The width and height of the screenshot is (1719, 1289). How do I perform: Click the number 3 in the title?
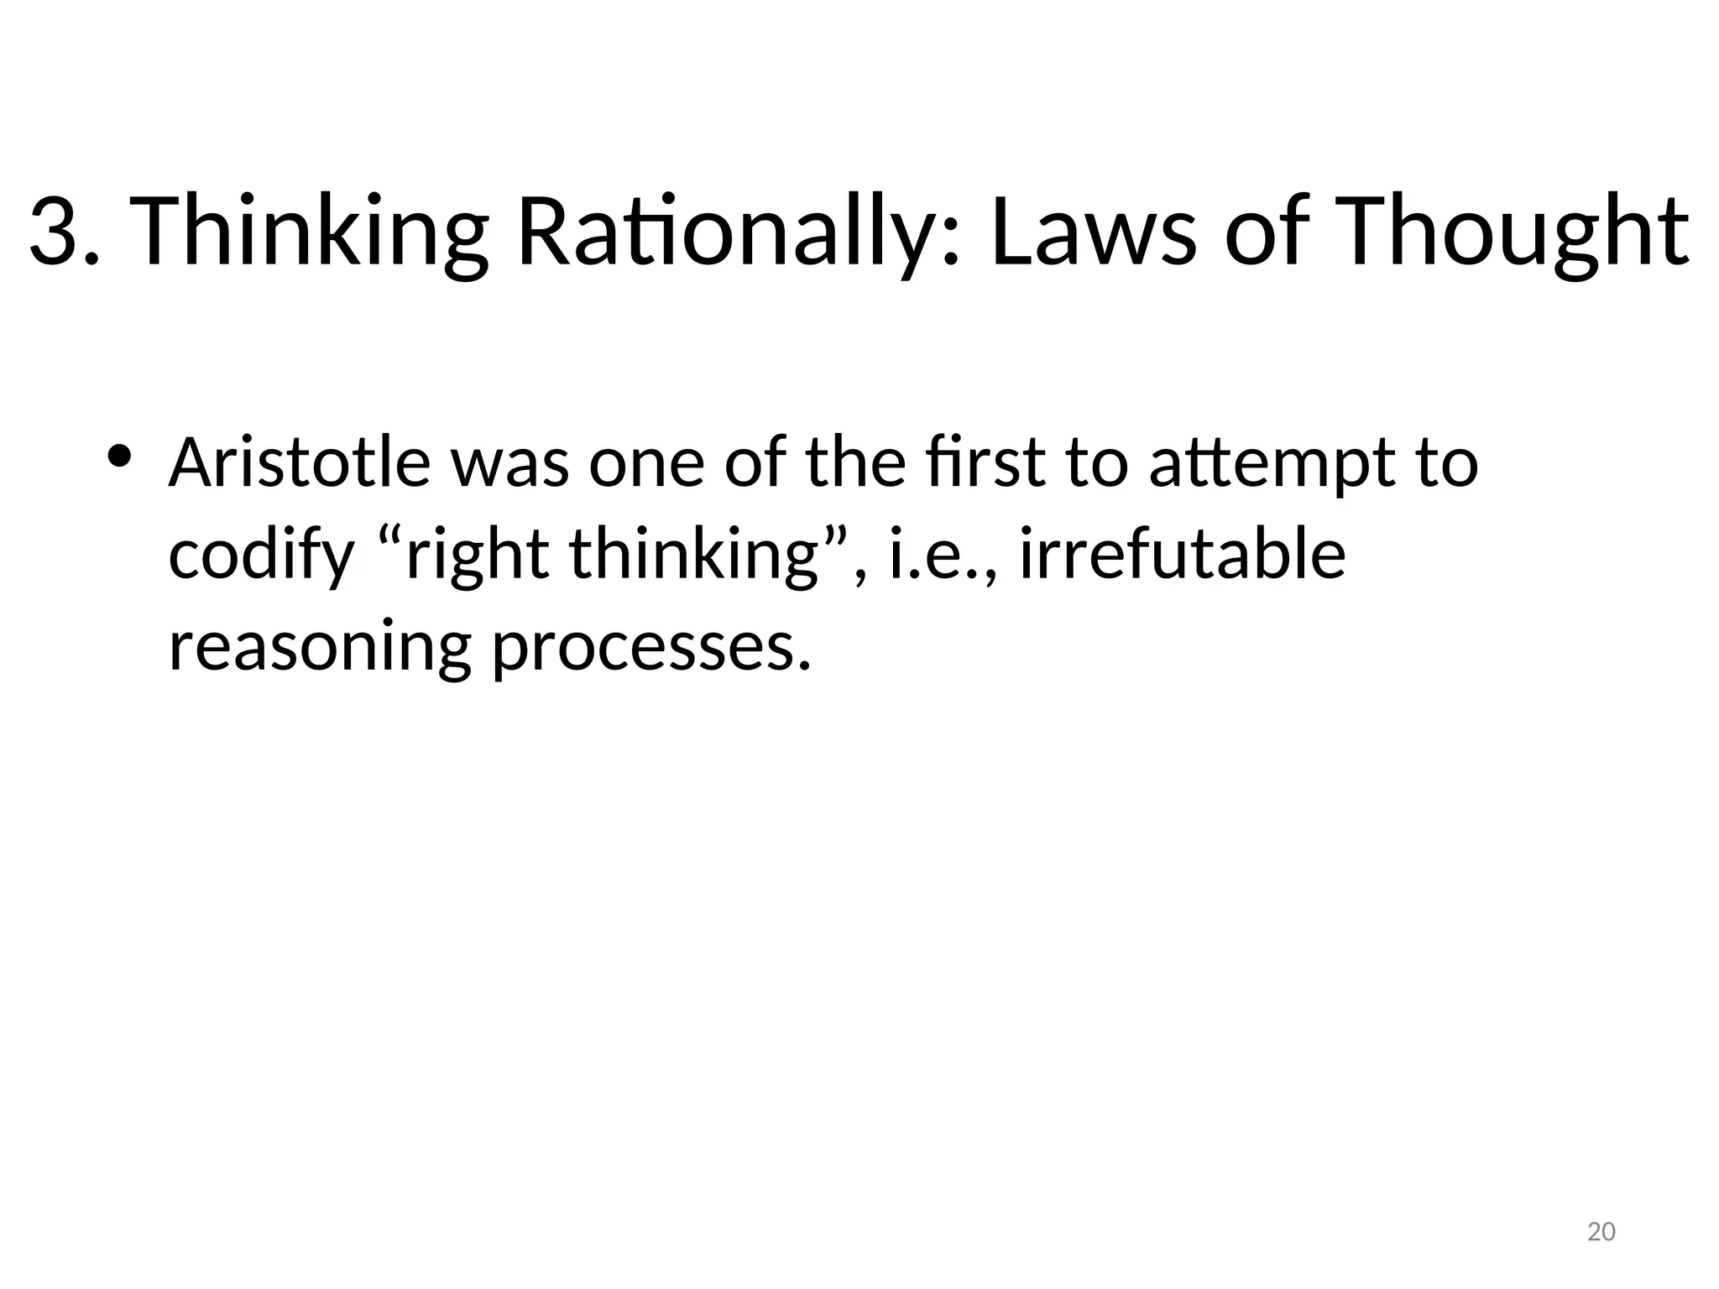[x=55, y=232]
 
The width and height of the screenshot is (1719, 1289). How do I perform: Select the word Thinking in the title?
[x=309, y=232]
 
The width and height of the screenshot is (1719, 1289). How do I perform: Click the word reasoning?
[x=320, y=648]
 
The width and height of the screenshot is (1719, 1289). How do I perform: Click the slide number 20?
[x=1601, y=1232]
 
